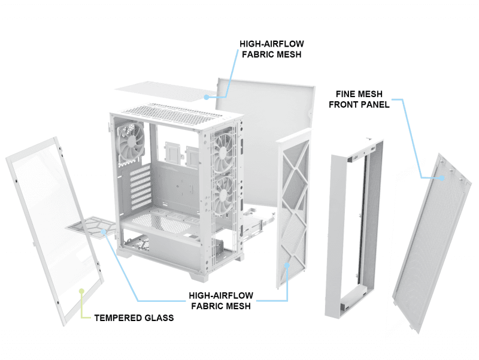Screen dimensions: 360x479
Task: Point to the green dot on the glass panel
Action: click(x=81, y=291)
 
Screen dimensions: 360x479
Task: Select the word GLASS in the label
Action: click(x=158, y=318)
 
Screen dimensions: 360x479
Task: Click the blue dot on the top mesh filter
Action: click(x=206, y=96)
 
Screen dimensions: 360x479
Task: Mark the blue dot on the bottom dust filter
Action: click(x=103, y=231)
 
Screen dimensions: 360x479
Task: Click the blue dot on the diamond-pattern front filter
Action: click(x=289, y=264)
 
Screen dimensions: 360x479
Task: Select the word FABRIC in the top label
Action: click(x=255, y=55)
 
